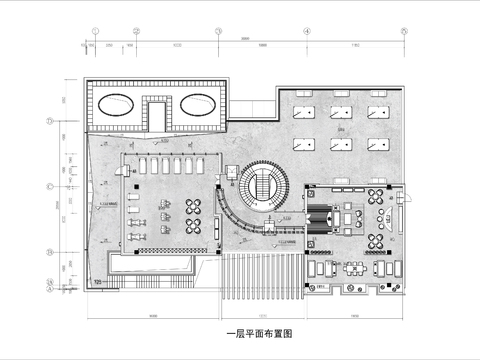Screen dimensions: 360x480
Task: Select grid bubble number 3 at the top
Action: click(217, 31)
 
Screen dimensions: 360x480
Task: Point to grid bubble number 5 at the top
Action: click(404, 31)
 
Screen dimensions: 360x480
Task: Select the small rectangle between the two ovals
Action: click(159, 111)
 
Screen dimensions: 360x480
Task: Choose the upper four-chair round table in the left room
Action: click(194, 205)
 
